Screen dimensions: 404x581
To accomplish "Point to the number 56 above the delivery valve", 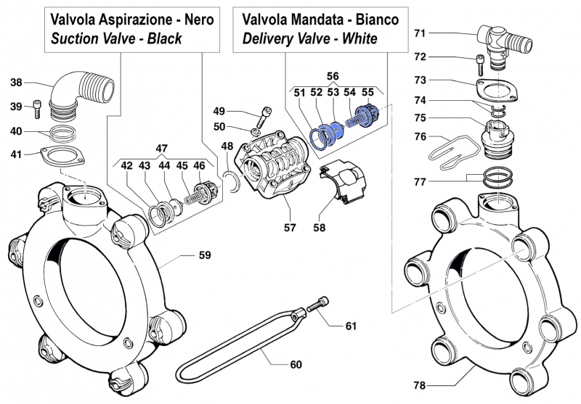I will click(332, 75).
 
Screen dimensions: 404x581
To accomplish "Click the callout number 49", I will click(219, 111).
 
